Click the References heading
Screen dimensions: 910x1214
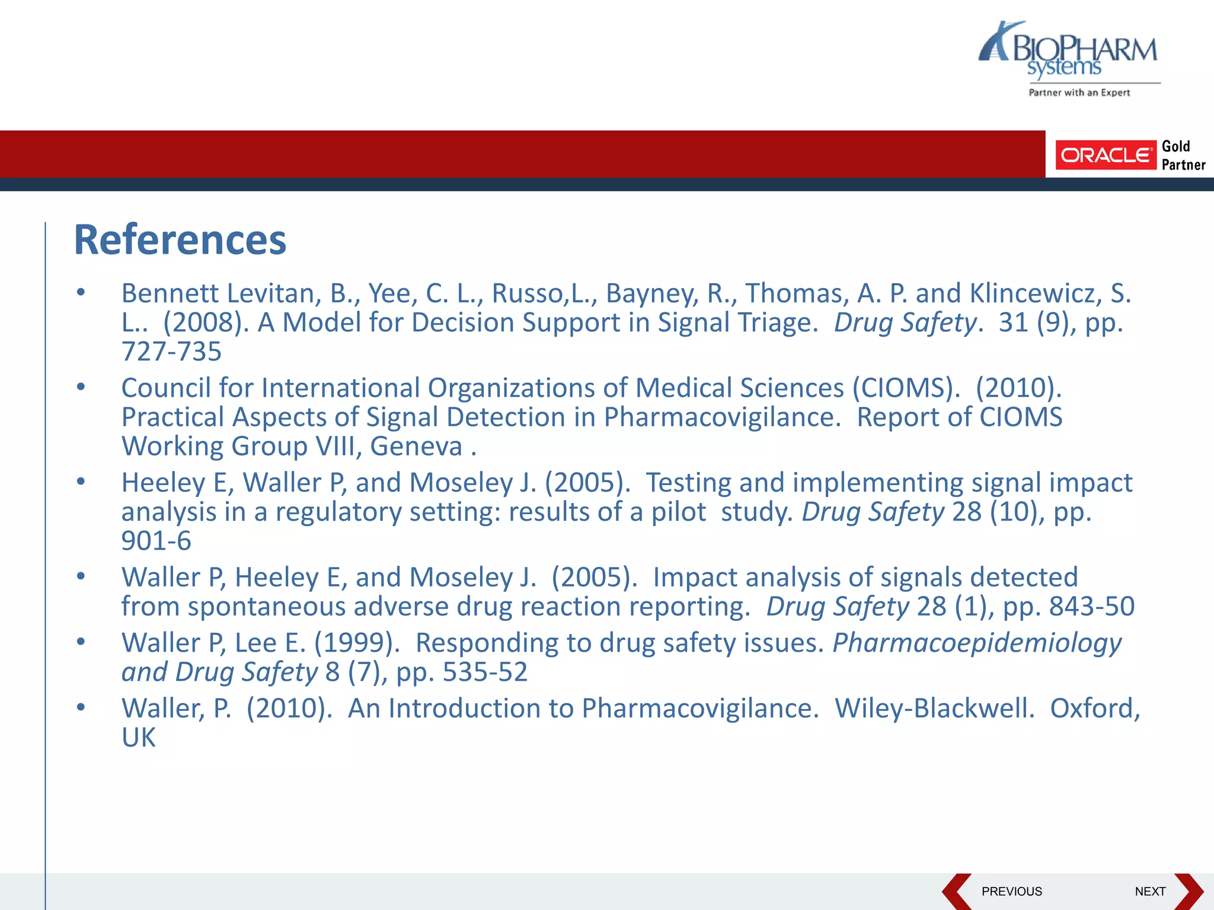pyautogui.click(x=180, y=240)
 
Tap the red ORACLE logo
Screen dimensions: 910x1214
pyautogui.click(x=1106, y=155)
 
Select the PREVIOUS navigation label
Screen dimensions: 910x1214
pyautogui.click(x=1011, y=891)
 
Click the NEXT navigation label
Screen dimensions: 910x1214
pyautogui.click(x=1150, y=891)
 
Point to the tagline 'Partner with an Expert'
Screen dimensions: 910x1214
pyautogui.click(x=1079, y=92)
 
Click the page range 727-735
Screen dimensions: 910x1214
pyautogui.click(x=171, y=351)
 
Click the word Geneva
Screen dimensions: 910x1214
pyautogui.click(x=416, y=446)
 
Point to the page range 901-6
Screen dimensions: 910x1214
pyautogui.click(x=156, y=541)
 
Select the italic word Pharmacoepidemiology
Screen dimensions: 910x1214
pyautogui.click(x=977, y=643)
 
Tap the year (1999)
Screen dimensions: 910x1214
pyautogui.click(x=357, y=643)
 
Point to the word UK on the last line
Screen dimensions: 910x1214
pyautogui.click(x=138, y=738)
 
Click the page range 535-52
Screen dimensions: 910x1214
pyautogui.click(x=485, y=672)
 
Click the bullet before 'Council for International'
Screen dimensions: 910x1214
pyautogui.click(x=81, y=387)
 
